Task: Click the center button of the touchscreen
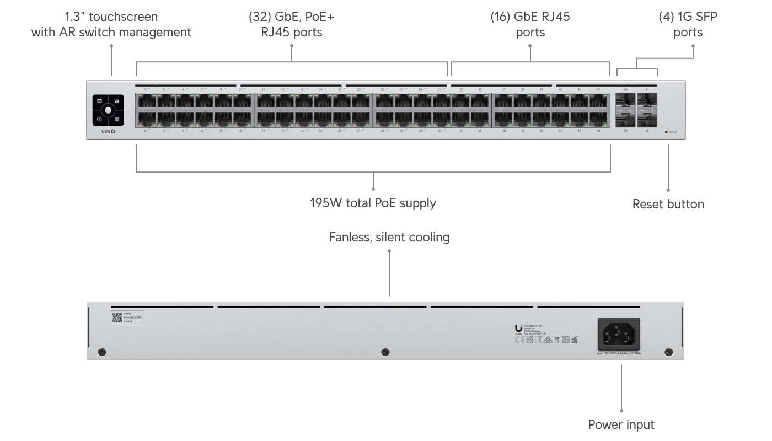pos(108,110)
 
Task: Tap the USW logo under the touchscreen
pos(108,131)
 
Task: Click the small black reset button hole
pos(666,132)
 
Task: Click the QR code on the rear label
pos(117,316)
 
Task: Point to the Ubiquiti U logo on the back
pos(518,327)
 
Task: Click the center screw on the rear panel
pos(385,352)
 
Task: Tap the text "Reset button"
pos(668,204)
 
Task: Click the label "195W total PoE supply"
pos(373,203)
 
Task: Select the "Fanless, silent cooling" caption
pos(389,237)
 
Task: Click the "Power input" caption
pos(621,424)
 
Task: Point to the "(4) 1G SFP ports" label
pos(688,25)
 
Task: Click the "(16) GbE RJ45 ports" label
pos(530,25)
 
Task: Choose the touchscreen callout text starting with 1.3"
pos(111,25)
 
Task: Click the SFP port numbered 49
pos(625,101)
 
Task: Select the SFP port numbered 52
pos(647,119)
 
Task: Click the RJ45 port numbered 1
pos(146,101)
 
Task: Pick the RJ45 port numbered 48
pos(598,119)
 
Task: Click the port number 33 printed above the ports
pos(461,89)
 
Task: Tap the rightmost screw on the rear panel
pos(669,352)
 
